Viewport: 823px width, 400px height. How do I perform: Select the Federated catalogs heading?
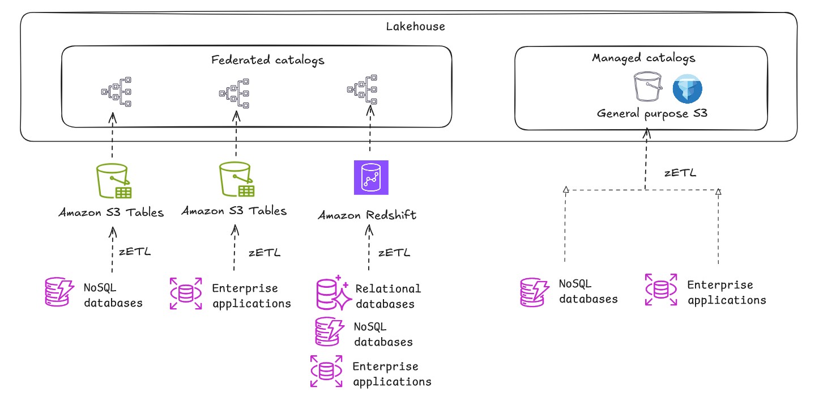pyautogui.click(x=268, y=60)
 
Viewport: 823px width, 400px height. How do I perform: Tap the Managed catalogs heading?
pyautogui.click(x=643, y=58)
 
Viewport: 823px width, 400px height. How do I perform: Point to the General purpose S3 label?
pyautogui.click(x=652, y=113)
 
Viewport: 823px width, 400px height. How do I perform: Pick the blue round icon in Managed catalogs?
pyautogui.click(x=687, y=90)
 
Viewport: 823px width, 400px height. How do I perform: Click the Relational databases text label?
pyautogui.click(x=388, y=296)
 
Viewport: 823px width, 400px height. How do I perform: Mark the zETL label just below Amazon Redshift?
pyautogui.click(x=394, y=252)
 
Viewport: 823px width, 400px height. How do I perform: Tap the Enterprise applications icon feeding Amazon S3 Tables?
pyautogui.click(x=186, y=293)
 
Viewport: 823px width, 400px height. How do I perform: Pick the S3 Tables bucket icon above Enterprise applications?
pyautogui.click(x=236, y=179)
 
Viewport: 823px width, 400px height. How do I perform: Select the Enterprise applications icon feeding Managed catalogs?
pyautogui.click(x=660, y=290)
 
